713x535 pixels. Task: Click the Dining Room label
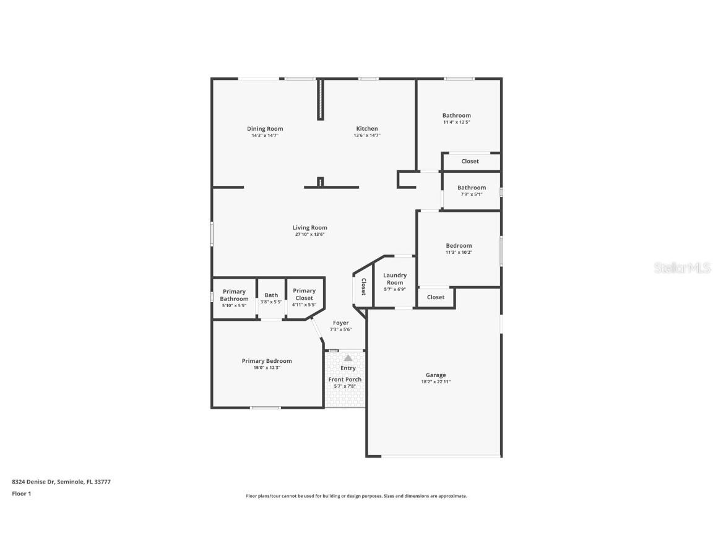point(265,129)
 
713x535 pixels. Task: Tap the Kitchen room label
point(366,129)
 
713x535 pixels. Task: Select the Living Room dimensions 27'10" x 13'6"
point(309,235)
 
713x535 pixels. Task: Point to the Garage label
point(436,375)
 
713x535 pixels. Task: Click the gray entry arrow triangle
point(348,358)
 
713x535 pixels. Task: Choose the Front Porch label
point(345,380)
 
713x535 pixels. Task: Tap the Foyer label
point(340,323)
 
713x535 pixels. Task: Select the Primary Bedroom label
point(267,361)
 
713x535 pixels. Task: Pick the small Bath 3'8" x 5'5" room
point(271,298)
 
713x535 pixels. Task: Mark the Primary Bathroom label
point(234,295)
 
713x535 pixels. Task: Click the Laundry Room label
point(395,279)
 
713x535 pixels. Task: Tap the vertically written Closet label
point(363,287)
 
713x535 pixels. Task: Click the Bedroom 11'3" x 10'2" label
point(459,246)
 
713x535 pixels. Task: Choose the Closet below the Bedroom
point(436,297)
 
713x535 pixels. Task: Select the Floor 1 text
point(21,494)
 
